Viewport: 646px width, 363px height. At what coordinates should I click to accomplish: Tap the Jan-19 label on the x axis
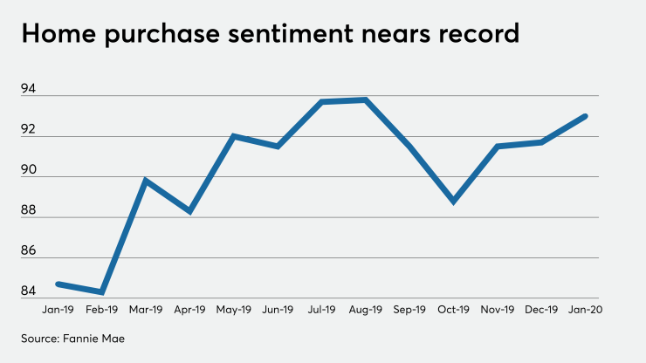(x=58, y=309)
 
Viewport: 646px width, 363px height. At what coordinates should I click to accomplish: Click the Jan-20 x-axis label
(x=586, y=309)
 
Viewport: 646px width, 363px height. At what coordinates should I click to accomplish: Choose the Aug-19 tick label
(x=365, y=309)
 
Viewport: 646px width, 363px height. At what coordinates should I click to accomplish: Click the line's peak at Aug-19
(x=365, y=99)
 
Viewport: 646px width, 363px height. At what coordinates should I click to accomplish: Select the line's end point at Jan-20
(x=586, y=116)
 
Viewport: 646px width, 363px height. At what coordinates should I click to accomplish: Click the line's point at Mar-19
(x=145, y=181)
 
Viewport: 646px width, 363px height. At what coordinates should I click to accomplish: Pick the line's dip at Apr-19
(x=189, y=212)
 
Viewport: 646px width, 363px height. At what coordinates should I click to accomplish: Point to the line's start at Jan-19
(x=58, y=284)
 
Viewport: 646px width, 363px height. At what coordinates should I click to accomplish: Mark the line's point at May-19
(x=233, y=136)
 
